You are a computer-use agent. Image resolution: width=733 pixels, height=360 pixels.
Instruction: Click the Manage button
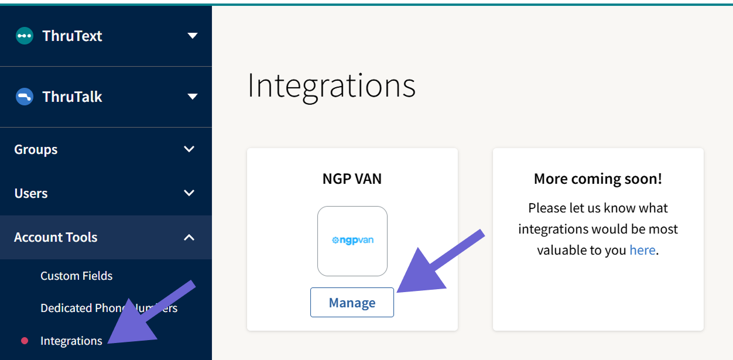352,303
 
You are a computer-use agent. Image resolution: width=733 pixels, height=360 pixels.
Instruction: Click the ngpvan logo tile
352,241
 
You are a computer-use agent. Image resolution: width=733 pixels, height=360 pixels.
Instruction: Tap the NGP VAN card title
352,179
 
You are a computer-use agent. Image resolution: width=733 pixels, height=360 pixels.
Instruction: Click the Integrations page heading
331,85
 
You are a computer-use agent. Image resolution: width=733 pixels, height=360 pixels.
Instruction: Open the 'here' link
642,250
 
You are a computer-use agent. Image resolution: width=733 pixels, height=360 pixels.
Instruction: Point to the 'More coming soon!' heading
598,179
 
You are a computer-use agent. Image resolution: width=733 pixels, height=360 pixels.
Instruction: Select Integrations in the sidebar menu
71,341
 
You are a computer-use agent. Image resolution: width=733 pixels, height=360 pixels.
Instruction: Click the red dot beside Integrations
25,341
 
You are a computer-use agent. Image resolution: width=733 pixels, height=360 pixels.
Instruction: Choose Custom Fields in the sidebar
76,276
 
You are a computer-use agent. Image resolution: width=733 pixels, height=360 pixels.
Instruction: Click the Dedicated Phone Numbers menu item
109,308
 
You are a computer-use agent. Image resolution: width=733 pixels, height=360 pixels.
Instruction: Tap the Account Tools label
56,237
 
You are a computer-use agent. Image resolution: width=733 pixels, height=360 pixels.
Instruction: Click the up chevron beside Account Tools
189,237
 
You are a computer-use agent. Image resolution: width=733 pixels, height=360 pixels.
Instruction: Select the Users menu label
31,193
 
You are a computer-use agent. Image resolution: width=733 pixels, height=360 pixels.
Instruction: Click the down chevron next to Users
189,193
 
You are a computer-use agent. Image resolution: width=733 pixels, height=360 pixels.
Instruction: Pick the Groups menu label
36,149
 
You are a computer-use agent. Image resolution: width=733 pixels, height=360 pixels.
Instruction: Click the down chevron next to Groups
189,149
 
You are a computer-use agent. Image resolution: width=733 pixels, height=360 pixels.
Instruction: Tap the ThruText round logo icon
25,36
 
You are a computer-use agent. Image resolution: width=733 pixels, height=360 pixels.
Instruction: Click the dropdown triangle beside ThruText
192,36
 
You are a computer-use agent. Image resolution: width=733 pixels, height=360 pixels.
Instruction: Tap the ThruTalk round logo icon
25,97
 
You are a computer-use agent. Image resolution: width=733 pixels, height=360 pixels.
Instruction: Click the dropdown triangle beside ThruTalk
192,97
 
